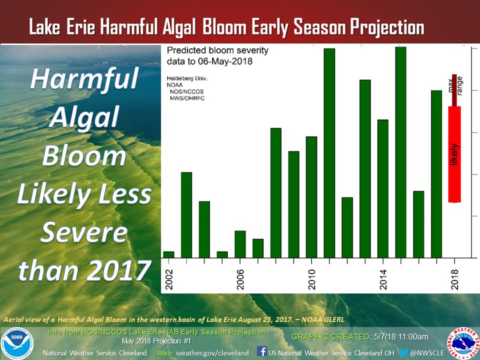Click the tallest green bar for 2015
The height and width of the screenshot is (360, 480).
400,152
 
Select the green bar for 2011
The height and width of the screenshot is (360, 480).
329,153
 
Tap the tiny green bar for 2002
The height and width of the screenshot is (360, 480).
168,254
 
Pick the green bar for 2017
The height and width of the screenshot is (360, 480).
436,174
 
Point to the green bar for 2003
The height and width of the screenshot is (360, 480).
186,215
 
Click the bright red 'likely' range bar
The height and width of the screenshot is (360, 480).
454,154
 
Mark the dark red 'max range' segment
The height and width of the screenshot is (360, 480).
454,90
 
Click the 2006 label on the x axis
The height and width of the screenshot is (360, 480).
240,279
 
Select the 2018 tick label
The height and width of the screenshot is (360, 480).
454,279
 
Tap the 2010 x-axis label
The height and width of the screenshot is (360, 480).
311,279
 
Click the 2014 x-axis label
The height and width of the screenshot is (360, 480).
383,279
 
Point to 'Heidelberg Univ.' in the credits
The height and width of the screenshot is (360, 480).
187,78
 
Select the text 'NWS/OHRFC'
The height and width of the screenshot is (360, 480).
187,98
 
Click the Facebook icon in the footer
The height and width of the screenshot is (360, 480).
261,351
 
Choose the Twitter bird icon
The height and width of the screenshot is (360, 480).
404,352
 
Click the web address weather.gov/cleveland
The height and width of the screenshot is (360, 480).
212,353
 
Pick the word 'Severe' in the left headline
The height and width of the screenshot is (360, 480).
84,232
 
